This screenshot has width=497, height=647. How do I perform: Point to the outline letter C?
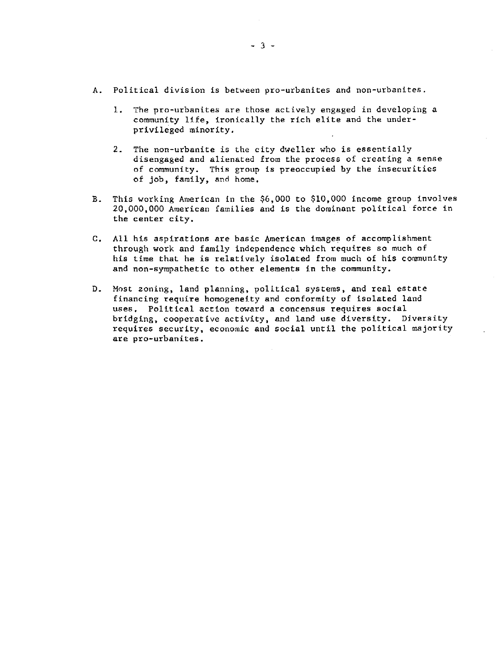coord(95,239)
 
